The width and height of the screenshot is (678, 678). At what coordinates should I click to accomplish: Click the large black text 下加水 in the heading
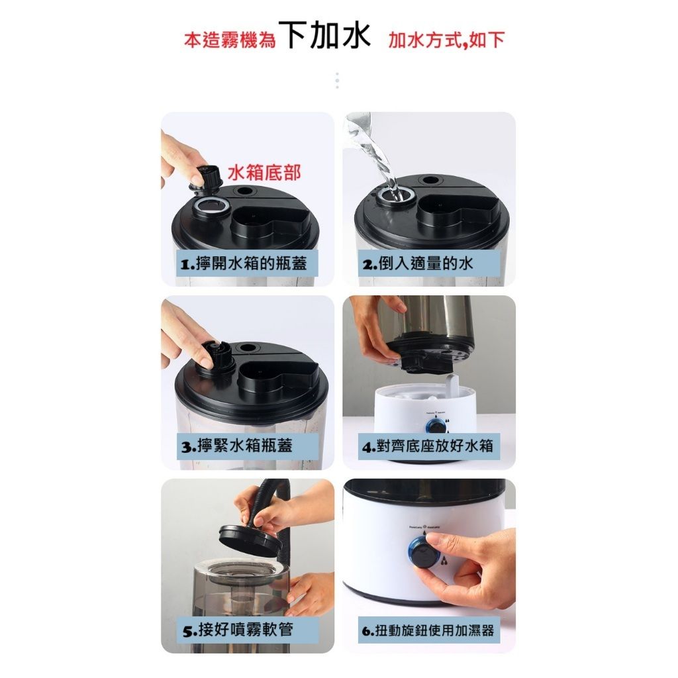tap(324, 37)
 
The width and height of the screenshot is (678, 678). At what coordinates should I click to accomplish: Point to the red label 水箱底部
tap(264, 173)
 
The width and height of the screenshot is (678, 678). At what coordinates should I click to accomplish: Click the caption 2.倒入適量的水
tap(418, 264)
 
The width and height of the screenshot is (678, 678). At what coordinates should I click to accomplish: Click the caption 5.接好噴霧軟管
tap(238, 629)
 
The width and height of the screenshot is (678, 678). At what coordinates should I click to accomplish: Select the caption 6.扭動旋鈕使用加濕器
tap(428, 630)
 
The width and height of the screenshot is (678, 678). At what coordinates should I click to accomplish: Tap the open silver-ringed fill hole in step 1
tap(211, 206)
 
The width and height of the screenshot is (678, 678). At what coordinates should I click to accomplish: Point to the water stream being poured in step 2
tap(381, 159)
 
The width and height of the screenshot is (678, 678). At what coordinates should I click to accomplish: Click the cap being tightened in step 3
tap(216, 358)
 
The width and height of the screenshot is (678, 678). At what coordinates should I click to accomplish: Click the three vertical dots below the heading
tap(337, 81)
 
